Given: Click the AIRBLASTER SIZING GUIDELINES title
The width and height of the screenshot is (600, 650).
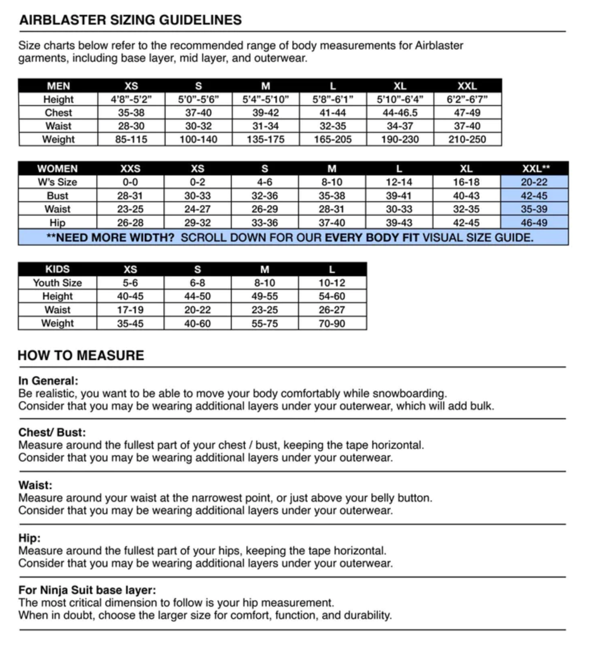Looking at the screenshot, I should (x=130, y=20).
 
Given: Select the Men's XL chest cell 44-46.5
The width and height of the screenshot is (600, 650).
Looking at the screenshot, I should (x=400, y=112).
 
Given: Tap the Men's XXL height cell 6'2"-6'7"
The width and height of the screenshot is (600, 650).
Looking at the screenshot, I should (x=467, y=99).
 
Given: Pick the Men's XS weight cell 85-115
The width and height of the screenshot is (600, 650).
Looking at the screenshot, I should (x=131, y=140).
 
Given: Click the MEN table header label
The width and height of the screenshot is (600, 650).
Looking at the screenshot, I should (x=58, y=86).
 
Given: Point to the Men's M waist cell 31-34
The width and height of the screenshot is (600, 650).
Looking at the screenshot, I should (x=265, y=126).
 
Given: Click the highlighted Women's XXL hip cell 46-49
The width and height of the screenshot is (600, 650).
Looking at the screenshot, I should (x=534, y=223).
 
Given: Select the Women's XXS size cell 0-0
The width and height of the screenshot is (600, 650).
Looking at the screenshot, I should (x=130, y=182).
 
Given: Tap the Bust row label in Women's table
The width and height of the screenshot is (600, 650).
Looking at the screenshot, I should (x=57, y=196).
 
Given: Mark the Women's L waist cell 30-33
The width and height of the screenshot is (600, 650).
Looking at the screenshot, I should (x=399, y=209).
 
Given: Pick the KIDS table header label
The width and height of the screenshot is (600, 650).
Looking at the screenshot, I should (x=57, y=269).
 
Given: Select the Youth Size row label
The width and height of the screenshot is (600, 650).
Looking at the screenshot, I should (x=57, y=283).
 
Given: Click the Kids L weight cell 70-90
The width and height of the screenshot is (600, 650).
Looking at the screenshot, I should (x=331, y=323).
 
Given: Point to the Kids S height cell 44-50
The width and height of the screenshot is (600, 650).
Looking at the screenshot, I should (x=197, y=296).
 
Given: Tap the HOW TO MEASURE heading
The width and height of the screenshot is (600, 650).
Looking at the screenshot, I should (x=81, y=355).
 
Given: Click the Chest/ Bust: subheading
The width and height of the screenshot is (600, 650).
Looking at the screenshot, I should (x=52, y=432).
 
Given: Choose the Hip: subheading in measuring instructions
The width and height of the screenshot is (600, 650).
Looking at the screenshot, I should (x=29, y=538).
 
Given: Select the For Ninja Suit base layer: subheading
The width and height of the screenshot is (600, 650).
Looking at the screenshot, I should (x=87, y=590).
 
